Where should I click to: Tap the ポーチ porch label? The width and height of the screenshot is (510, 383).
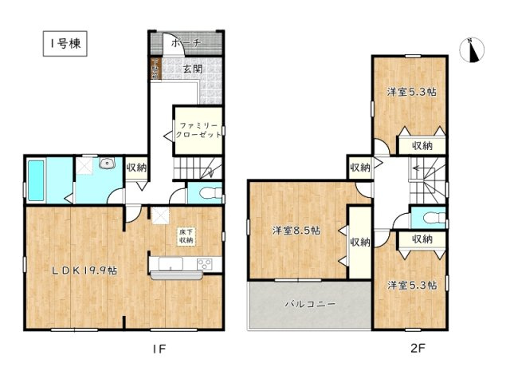185,42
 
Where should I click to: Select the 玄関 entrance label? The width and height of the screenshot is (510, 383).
192,69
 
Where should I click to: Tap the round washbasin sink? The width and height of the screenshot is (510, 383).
105,164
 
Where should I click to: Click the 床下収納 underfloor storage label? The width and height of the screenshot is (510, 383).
186,235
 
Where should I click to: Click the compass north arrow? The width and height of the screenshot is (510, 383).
474,49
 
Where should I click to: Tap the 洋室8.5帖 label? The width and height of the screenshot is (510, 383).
296,231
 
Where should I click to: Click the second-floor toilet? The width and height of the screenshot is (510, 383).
429,217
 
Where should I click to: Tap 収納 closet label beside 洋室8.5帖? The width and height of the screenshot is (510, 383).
359,242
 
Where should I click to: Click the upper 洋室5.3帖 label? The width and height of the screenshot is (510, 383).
411,92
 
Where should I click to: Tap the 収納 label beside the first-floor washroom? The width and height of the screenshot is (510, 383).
136,168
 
